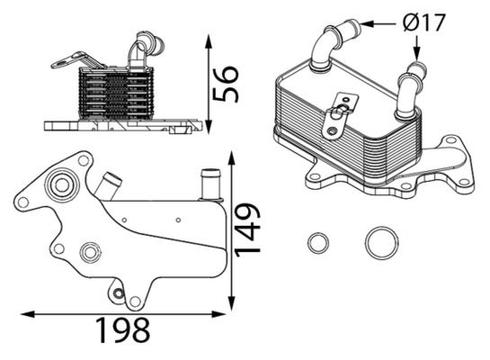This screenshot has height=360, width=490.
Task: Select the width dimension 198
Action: pos(122,330)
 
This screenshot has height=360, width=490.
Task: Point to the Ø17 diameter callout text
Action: pos(424,22)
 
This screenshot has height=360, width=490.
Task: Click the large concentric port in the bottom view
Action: pos(62,186)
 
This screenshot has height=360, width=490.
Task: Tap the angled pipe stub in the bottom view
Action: pos(110,186)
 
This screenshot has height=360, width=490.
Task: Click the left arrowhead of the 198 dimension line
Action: pos(24,313)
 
